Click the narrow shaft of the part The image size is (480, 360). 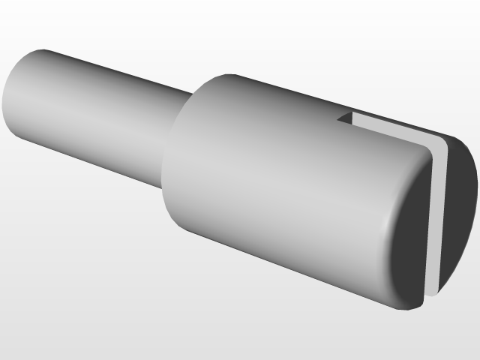coord(97,112)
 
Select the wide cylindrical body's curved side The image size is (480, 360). coord(285,187)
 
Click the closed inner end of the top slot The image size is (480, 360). coord(338,118)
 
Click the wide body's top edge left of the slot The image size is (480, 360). coord(277,87)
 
